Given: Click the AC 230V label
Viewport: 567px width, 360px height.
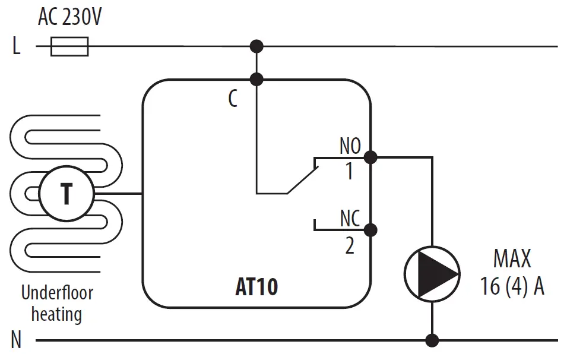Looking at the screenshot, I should click(69, 17).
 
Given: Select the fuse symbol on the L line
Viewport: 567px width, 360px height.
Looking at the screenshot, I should click(69, 46).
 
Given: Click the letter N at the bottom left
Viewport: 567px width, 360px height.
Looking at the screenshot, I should click(16, 341).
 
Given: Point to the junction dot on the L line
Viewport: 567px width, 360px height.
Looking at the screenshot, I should click(256, 46).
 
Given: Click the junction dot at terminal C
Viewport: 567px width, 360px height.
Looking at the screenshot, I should click(256, 79).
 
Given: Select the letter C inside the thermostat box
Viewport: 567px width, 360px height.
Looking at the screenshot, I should click(233, 99).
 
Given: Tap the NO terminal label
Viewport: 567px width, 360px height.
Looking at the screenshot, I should click(350, 145).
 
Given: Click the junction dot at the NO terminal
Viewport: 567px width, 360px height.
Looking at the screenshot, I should click(370, 157).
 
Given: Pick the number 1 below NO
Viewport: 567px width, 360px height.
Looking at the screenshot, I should click(349, 172).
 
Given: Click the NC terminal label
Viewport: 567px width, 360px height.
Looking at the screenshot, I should click(350, 219).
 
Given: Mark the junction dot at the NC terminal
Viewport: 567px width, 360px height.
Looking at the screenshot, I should click(370, 229).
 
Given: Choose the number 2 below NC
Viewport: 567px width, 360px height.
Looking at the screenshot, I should click(349, 245).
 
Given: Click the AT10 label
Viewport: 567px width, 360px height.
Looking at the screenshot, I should click(256, 288).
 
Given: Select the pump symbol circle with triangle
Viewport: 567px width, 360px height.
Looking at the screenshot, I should click(432, 273).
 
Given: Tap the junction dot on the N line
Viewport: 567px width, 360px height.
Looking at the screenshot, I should click(432, 340).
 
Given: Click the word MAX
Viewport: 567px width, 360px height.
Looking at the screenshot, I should click(512, 260).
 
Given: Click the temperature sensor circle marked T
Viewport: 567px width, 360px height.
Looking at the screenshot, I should click(66, 194).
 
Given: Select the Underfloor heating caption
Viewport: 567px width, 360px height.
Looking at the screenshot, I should click(57, 303).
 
